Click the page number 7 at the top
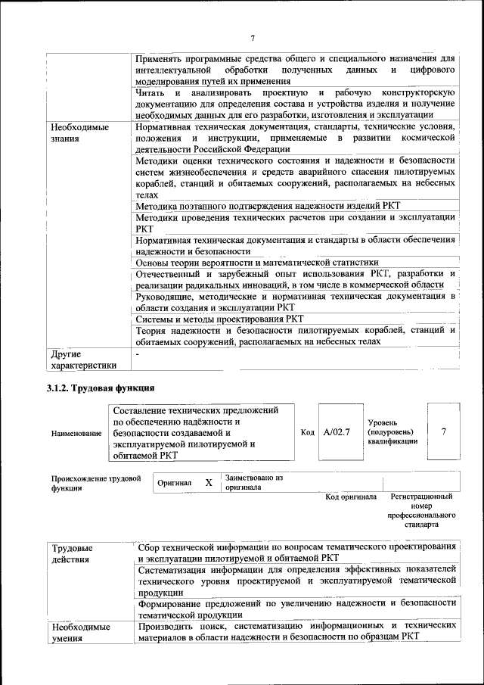253,39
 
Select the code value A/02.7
335,431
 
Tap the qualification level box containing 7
444,431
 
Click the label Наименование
76,433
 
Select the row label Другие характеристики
83,360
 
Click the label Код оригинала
351,497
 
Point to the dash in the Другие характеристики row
138,353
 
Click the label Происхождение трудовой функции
96,483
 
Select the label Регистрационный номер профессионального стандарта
421,510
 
